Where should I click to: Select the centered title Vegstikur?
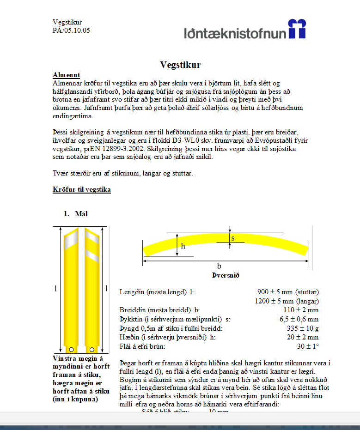tap(180, 65)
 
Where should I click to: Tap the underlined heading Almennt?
tap(67, 75)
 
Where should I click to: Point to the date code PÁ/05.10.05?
tap(71, 30)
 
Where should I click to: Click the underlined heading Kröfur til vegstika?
tap(82, 189)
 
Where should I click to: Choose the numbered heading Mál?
tap(81, 214)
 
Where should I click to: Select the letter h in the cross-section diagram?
tap(183, 246)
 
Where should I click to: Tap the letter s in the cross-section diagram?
tap(233, 238)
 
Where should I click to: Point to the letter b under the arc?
tap(219, 266)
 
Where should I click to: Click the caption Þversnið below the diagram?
tap(226, 275)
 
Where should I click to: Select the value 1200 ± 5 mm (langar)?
tap(287, 301)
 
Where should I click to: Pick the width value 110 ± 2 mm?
tap(300, 309)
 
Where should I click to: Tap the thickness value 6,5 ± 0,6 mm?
tap(299, 319)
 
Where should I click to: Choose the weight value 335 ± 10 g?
tap(303, 328)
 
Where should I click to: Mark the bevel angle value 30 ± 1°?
tap(308, 346)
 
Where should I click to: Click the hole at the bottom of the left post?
tap(72, 349)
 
